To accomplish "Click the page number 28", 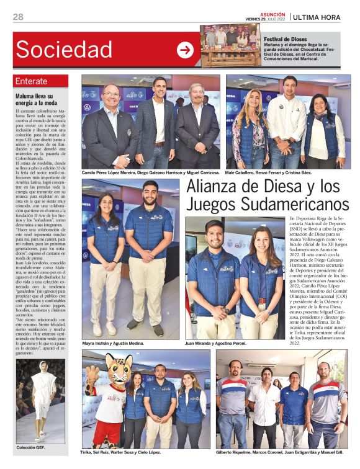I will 18,17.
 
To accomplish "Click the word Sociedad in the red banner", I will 64,49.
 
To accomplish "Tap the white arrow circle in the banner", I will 185,50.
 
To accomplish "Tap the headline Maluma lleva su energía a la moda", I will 38,99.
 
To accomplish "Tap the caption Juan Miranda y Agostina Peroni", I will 222,342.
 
